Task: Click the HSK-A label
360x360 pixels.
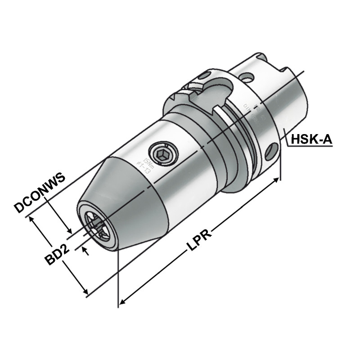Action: [311, 139]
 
